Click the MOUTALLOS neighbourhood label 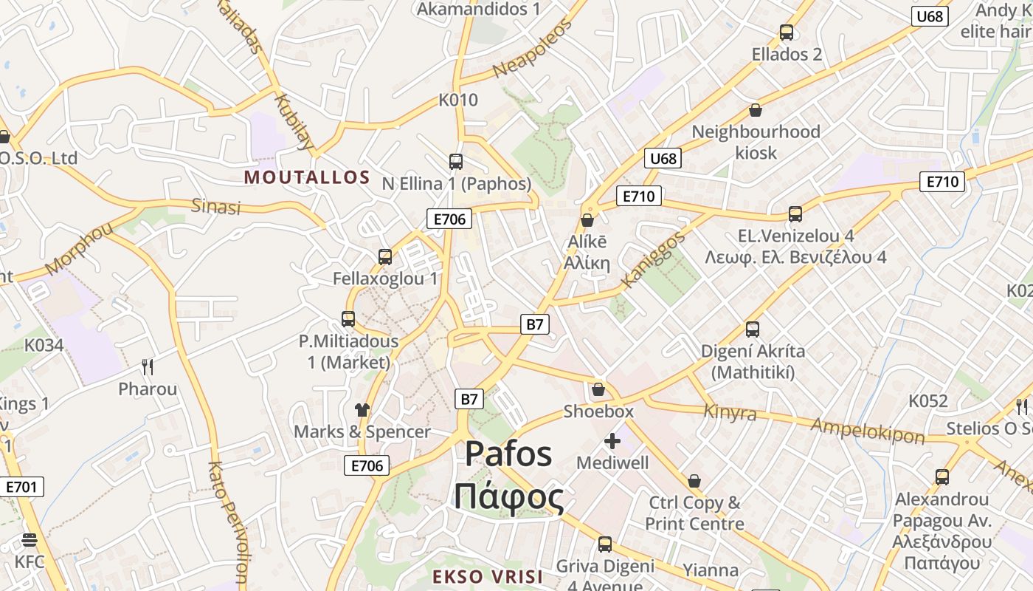pos(306,177)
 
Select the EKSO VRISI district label pos(487,577)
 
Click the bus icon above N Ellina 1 pos(456,162)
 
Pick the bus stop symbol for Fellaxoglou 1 pos(385,257)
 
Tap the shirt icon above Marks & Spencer pos(362,410)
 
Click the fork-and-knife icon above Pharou pos(148,367)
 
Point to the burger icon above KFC pos(30,540)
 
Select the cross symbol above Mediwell pos(612,442)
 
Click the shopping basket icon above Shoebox pos(598,389)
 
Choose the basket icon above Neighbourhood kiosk pos(756,111)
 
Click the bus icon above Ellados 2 pos(787,33)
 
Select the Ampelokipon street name pos(867,430)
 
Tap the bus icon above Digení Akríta pos(753,329)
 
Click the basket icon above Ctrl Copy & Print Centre pos(694,482)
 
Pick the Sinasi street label pos(216,206)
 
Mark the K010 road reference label pos(458,100)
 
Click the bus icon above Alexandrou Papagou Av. pos(942,477)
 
